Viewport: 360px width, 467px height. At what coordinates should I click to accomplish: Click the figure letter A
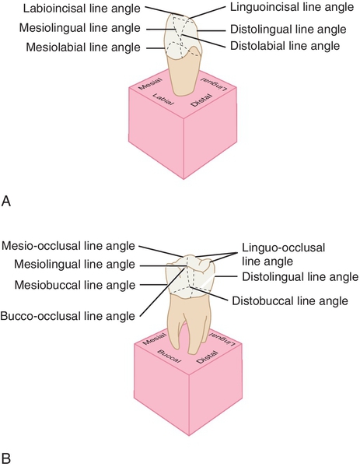(x=7, y=201)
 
